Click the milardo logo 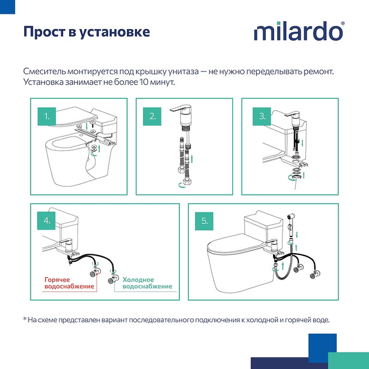pos(298,32)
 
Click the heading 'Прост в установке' pos(87,32)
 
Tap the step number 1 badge pos(47,117)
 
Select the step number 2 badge pos(152,117)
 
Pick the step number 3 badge pos(262,117)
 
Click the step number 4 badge pos(47,220)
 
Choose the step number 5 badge pos(205,220)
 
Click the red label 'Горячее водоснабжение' pos(69,283)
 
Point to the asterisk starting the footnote pos(24,319)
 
